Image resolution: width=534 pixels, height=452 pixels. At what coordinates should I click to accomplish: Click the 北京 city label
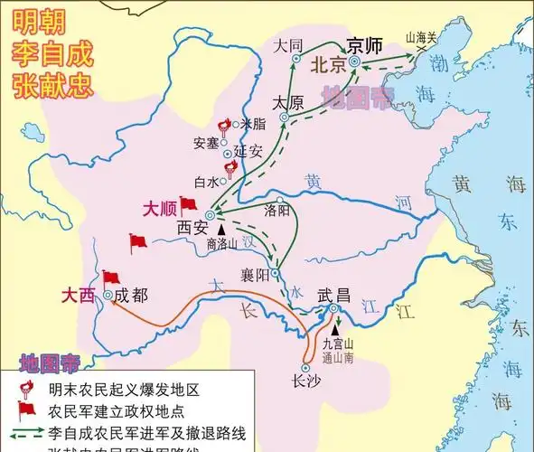(328, 66)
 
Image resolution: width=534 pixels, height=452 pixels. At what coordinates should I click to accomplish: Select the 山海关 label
(421, 37)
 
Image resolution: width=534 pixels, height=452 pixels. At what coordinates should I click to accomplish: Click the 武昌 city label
(333, 295)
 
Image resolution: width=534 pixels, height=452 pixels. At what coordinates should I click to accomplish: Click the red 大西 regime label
(79, 295)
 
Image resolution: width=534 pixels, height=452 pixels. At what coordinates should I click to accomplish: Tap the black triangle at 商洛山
(220, 231)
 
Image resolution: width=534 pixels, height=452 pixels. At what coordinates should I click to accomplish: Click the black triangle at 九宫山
(334, 329)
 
